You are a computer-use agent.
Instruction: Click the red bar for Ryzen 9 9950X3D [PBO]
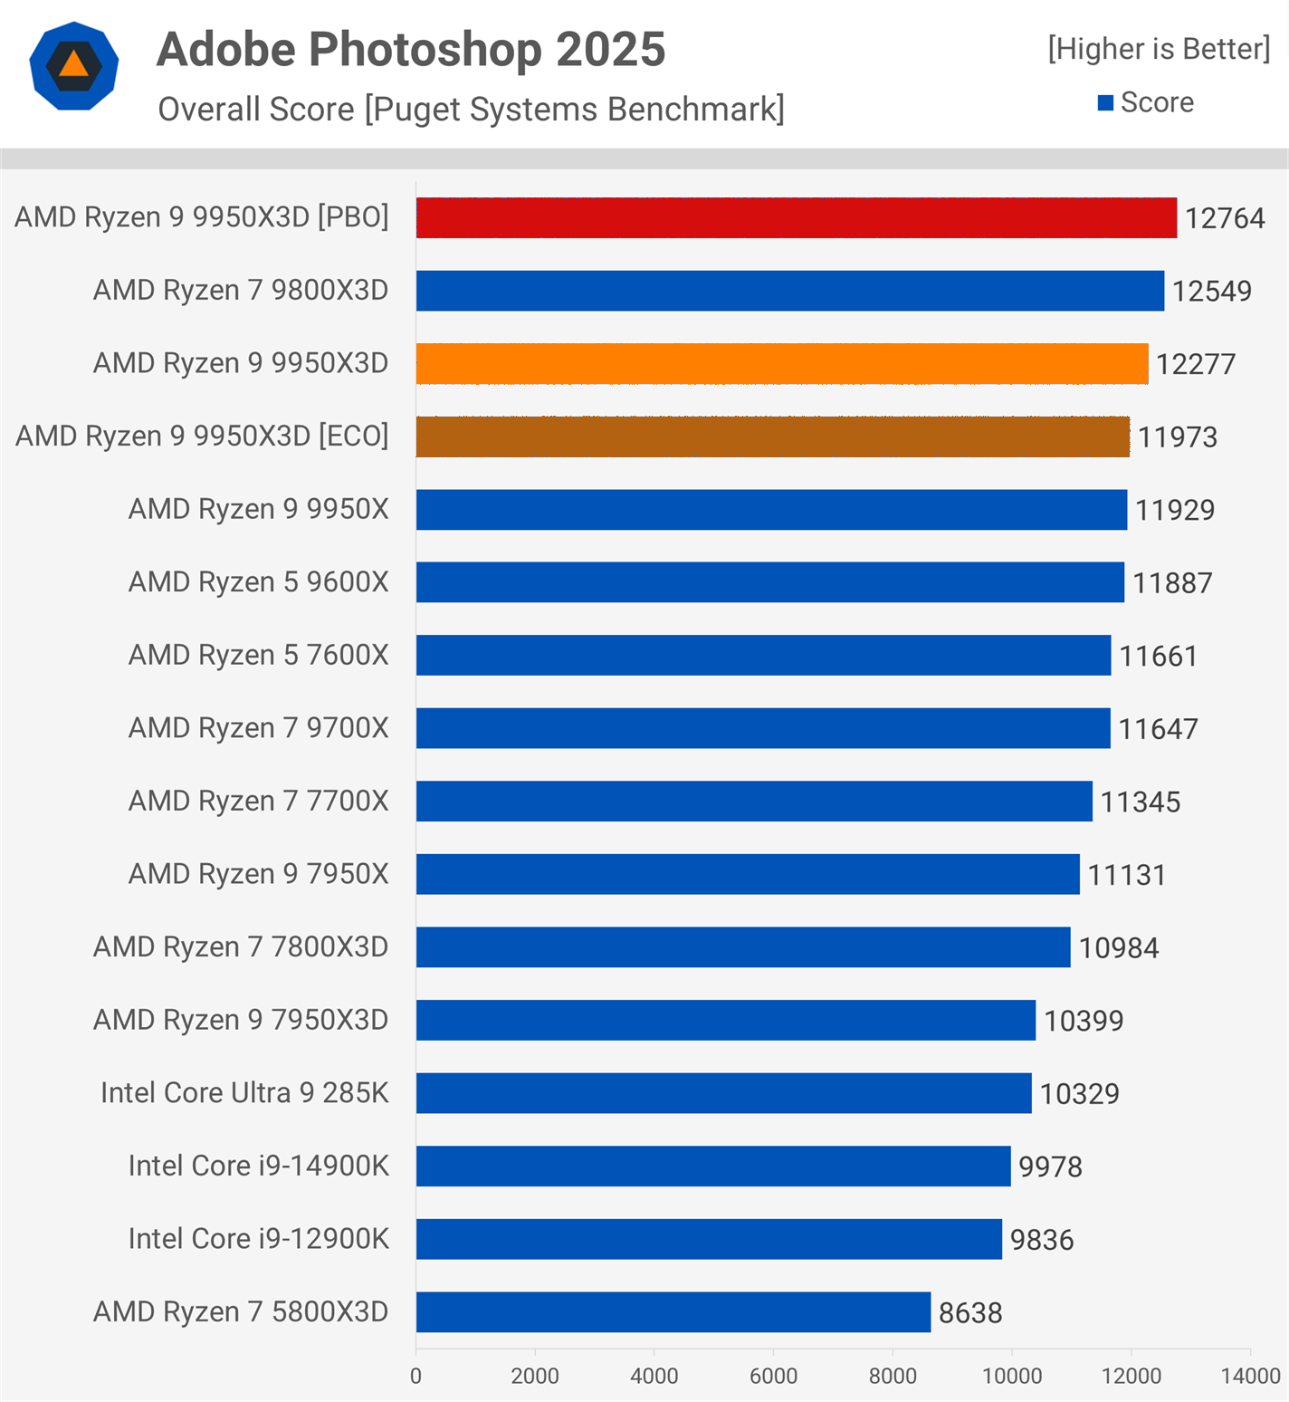click(797, 218)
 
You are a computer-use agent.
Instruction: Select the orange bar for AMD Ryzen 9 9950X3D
click(782, 363)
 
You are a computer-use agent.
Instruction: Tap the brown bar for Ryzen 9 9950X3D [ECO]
click(773, 437)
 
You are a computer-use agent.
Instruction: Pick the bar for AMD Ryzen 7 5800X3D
click(673, 1312)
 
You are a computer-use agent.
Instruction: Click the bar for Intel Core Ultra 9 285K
click(724, 1093)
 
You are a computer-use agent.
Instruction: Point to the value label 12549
click(1212, 291)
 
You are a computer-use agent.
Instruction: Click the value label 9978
click(1050, 1167)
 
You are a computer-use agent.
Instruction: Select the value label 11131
click(1127, 875)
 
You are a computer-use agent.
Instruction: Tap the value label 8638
click(970, 1312)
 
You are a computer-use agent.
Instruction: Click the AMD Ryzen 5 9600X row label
click(259, 581)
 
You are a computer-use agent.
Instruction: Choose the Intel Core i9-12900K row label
click(259, 1238)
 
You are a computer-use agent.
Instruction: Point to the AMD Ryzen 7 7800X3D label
click(241, 946)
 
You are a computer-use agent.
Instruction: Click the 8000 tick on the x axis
click(893, 1376)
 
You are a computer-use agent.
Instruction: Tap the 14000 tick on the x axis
click(1250, 1376)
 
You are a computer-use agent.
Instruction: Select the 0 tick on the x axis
click(415, 1376)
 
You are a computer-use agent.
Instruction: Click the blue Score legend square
click(1105, 103)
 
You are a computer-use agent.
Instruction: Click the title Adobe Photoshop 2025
click(411, 49)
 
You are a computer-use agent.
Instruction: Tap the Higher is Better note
click(1159, 49)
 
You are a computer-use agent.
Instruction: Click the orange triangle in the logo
click(74, 65)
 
